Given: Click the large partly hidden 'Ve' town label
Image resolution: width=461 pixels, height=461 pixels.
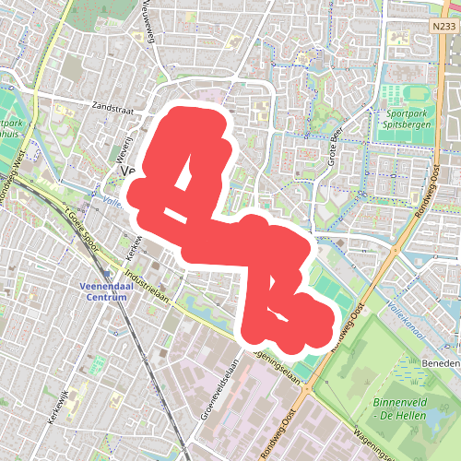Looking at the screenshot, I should click(x=128, y=172).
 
